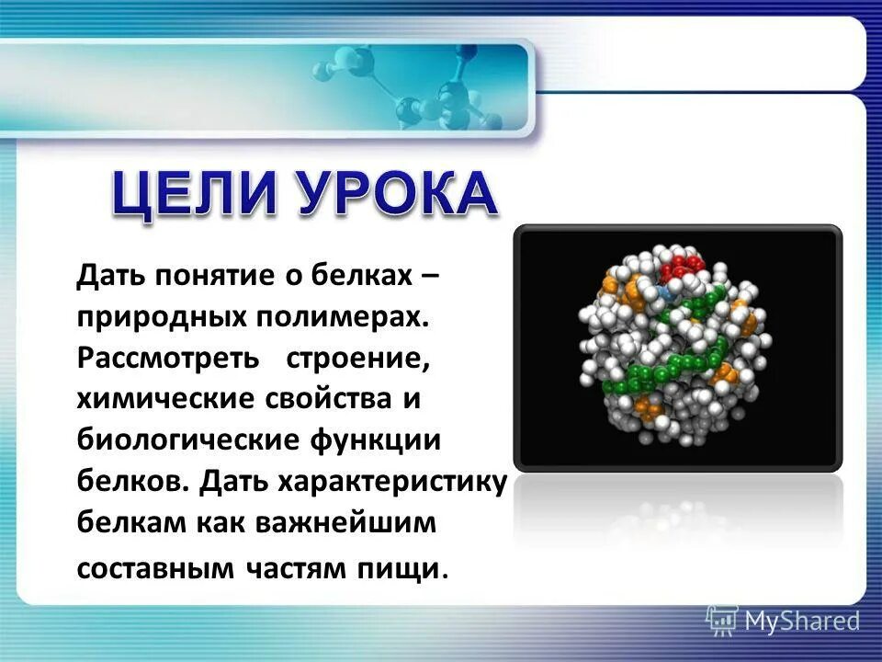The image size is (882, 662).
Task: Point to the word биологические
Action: pyautogui.click(x=184, y=440)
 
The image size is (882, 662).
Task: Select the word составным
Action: pyautogui.click(x=156, y=567)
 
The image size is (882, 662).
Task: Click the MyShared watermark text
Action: pyautogui.click(x=802, y=621)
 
